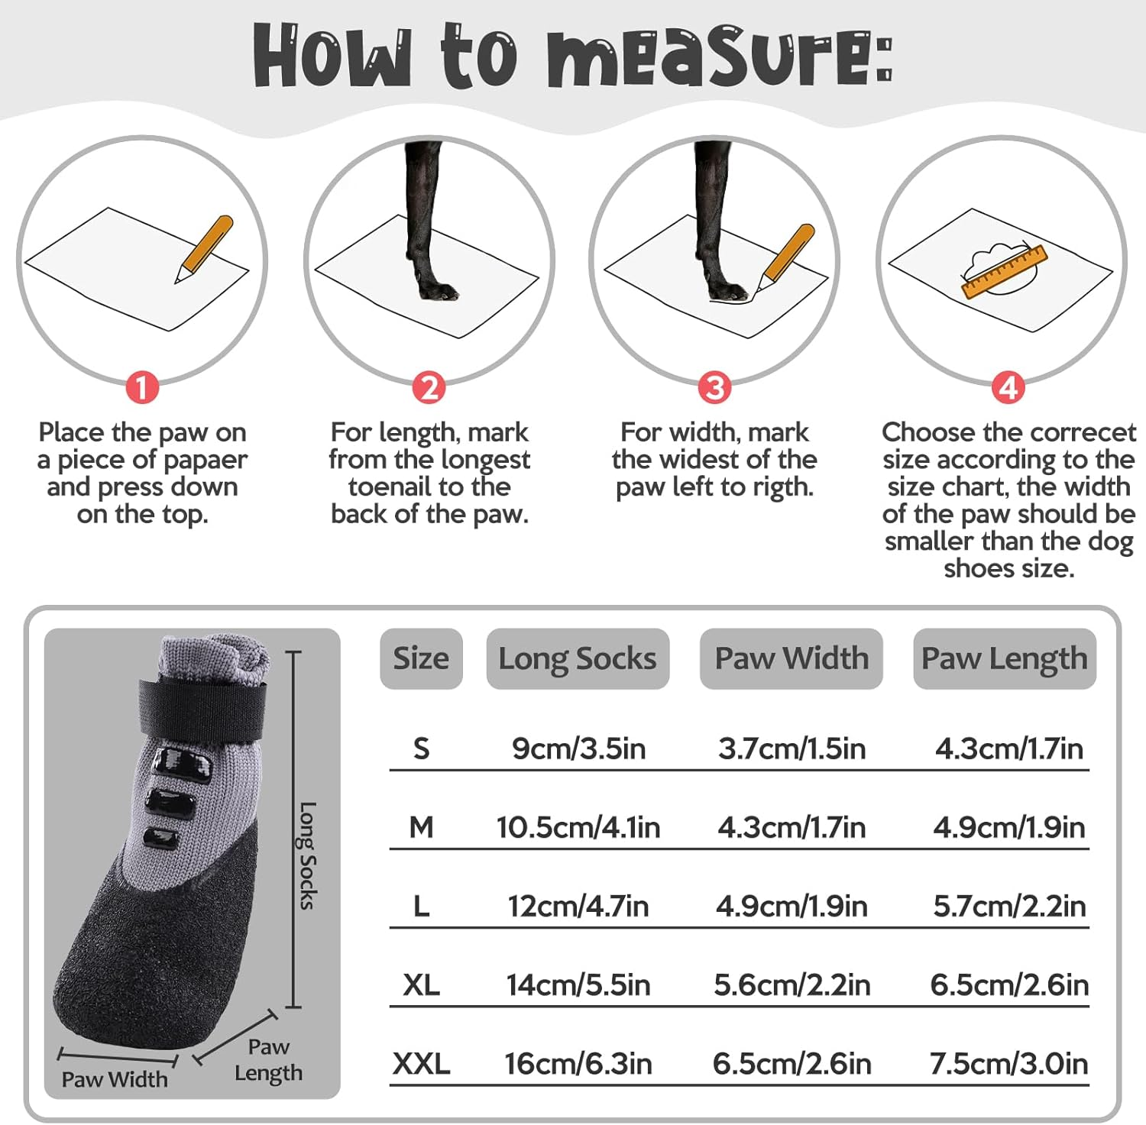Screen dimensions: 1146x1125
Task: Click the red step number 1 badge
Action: click(x=142, y=387)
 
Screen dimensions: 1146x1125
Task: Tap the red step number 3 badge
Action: click(x=714, y=387)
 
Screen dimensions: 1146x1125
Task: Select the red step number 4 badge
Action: click(x=1008, y=387)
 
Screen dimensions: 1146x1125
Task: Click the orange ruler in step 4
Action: click(x=1003, y=271)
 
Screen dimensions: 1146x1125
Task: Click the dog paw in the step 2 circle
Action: click(x=436, y=290)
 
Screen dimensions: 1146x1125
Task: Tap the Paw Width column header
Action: click(x=792, y=658)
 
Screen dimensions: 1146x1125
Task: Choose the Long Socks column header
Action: click(x=578, y=658)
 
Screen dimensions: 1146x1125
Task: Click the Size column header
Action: click(x=421, y=658)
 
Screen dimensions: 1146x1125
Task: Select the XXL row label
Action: click(x=421, y=1063)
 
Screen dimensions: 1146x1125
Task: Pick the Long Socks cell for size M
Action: click(x=578, y=827)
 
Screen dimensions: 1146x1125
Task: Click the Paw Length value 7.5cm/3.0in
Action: click(x=1009, y=1063)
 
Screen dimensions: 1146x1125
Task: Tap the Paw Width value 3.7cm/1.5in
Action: click(x=792, y=748)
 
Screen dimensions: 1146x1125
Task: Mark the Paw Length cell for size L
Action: click(x=1009, y=906)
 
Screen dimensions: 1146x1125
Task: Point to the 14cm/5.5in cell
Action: click(x=578, y=984)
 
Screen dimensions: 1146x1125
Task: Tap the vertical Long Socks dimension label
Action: click(x=307, y=855)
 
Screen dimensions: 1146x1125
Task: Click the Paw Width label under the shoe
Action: click(x=115, y=1079)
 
